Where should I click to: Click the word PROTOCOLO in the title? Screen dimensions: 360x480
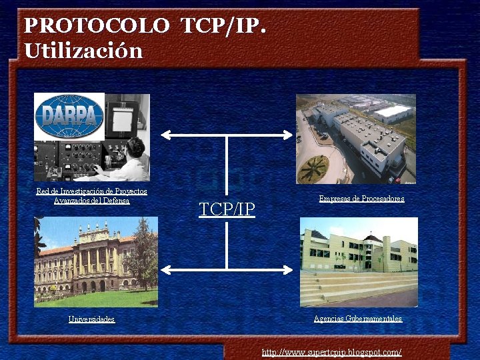click(97, 26)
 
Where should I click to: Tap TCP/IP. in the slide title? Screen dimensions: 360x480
click(224, 26)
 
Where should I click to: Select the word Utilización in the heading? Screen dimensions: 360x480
click(83, 51)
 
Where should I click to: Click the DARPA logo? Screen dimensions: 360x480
click(69, 117)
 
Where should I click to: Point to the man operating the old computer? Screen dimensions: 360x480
click(131, 157)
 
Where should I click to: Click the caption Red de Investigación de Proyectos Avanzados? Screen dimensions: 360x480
click(91, 195)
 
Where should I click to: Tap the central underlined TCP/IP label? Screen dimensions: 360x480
click(227, 209)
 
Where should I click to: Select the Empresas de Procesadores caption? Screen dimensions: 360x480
click(361, 199)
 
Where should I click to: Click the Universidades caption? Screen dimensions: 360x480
click(91, 319)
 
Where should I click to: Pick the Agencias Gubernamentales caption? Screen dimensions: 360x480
click(358, 319)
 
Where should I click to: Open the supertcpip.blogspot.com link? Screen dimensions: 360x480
click(331, 352)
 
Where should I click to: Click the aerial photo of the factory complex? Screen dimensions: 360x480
click(356, 139)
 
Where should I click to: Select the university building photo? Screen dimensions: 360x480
click(96, 261)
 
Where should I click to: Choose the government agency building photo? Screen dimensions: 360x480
click(359, 261)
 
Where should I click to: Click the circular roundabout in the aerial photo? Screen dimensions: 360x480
click(313, 169)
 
